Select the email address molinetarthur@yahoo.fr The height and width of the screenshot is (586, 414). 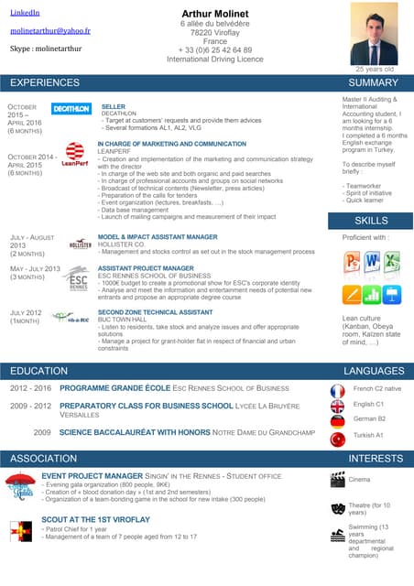49,30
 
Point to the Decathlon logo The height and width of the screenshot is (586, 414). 71,108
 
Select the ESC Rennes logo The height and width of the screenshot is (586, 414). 80,278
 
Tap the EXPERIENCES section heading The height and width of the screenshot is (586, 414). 45,82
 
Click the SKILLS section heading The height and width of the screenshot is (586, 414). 371,221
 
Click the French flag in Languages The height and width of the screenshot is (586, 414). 337,390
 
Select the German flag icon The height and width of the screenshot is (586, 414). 337,419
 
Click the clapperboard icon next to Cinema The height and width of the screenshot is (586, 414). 337,478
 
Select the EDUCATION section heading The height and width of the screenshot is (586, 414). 38,371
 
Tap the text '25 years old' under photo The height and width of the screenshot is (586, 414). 375,69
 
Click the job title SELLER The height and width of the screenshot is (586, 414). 113,107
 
